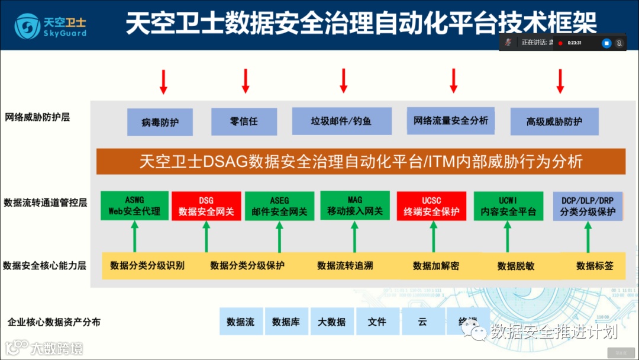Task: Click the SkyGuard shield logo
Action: pyautogui.click(x=27, y=25)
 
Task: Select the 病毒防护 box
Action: pyautogui.click(x=160, y=122)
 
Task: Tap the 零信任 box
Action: pyautogui.click(x=244, y=121)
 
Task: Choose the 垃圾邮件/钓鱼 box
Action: pyautogui.click(x=341, y=121)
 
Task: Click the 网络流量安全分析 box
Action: pyautogui.click(x=451, y=121)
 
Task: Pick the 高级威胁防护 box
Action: pyautogui.click(x=554, y=121)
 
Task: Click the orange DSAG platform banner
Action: pyautogui.click(x=361, y=161)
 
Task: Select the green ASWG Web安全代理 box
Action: pyautogui.click(x=134, y=205)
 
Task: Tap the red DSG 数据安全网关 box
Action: pyautogui.click(x=206, y=206)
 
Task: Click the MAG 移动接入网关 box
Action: pyautogui.click(x=355, y=205)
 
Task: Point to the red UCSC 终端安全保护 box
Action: pyautogui.click(x=431, y=206)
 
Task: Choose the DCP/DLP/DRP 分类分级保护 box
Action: pyautogui.click(x=588, y=206)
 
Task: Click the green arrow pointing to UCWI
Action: pyautogui.click(x=507, y=237)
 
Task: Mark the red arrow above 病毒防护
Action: pyautogui.click(x=163, y=82)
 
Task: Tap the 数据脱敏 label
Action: pyautogui.click(x=515, y=266)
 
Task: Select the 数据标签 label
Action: pyautogui.click(x=595, y=266)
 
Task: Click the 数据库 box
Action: pyautogui.click(x=286, y=322)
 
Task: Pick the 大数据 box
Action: pyautogui.click(x=331, y=322)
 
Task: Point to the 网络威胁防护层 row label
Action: pyautogui.click(x=37, y=117)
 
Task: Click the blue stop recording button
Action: pyautogui.click(x=606, y=43)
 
